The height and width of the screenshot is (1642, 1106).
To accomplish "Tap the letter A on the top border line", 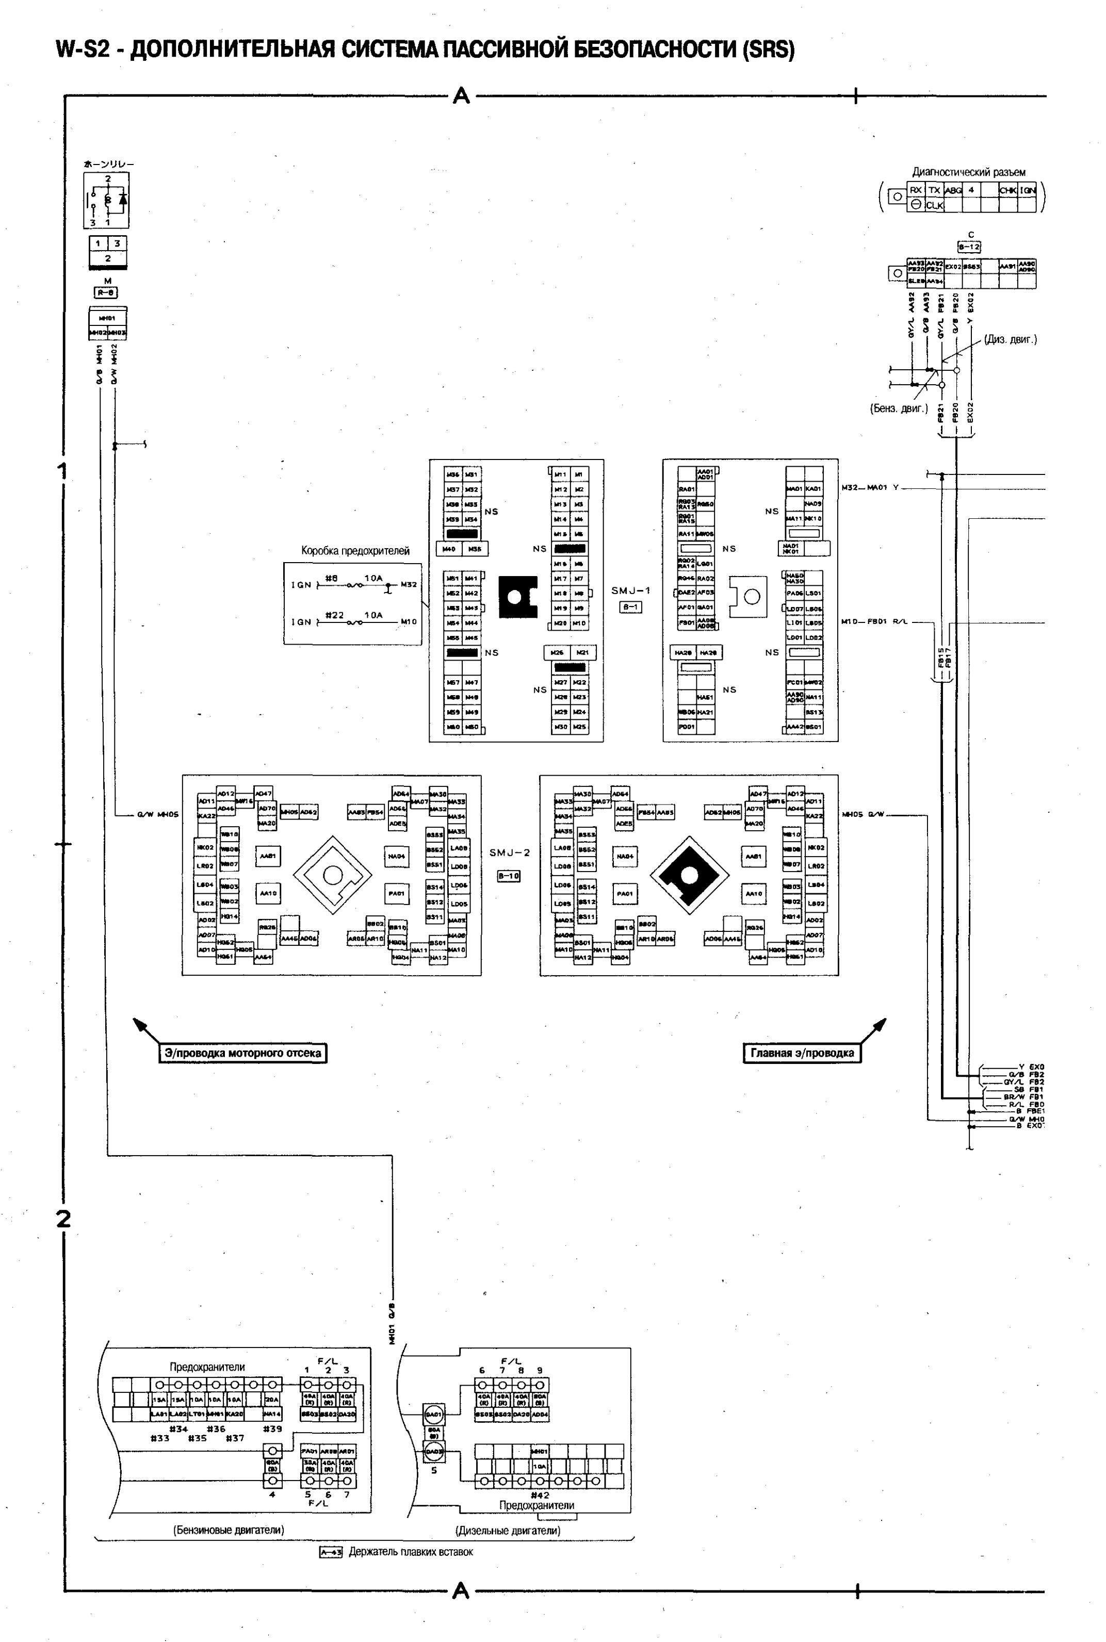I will tap(461, 95).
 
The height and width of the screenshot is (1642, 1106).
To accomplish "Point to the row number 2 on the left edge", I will tap(63, 1218).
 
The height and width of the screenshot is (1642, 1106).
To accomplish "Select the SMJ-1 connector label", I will tap(630, 591).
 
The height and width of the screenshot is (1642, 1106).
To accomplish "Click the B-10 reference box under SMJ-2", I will tap(509, 876).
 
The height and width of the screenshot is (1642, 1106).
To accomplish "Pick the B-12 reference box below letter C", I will tap(969, 247).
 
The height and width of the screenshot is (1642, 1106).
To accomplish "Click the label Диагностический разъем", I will tap(968, 172).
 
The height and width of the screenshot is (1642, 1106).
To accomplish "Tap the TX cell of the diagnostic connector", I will tap(934, 190).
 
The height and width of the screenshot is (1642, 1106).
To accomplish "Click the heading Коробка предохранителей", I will tap(355, 551).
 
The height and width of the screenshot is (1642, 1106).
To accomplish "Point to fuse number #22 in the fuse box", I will tap(334, 615).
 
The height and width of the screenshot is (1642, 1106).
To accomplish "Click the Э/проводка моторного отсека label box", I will tap(242, 1053).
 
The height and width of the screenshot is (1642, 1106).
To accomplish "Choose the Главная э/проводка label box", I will tap(802, 1053).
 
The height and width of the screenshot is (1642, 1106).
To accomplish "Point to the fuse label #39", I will tap(272, 1429).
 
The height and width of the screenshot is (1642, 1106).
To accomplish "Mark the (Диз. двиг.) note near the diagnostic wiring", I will tap(1010, 339).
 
